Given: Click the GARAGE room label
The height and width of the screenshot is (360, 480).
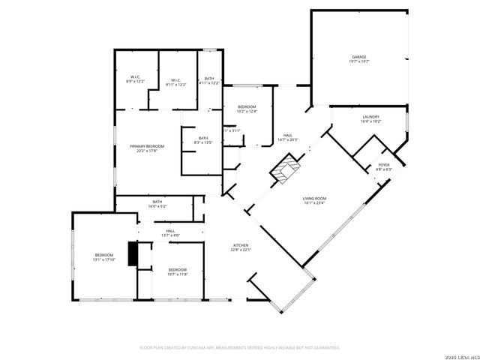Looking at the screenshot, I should (359, 57).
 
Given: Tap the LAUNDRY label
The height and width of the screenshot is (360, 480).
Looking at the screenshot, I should (370, 117).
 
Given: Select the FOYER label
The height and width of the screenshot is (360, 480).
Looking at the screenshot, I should (383, 164).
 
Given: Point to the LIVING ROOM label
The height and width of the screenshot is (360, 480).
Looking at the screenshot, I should (319, 198).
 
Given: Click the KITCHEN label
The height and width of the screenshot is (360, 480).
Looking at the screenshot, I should (241, 246).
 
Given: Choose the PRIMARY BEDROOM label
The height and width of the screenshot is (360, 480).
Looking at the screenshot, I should (146, 146).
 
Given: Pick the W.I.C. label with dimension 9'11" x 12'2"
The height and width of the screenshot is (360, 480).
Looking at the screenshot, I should (176, 80).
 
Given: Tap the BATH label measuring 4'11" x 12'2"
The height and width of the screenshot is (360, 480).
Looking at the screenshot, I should (209, 80).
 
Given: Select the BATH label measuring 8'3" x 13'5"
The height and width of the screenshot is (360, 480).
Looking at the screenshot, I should (202, 139).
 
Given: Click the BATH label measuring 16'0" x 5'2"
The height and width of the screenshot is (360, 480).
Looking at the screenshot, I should (157, 202).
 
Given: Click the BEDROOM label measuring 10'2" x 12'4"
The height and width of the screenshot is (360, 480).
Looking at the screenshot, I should (247, 107).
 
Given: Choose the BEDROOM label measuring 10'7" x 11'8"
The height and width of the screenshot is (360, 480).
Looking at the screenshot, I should (177, 270).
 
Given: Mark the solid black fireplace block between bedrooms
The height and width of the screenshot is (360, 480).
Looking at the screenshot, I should (133, 253).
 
